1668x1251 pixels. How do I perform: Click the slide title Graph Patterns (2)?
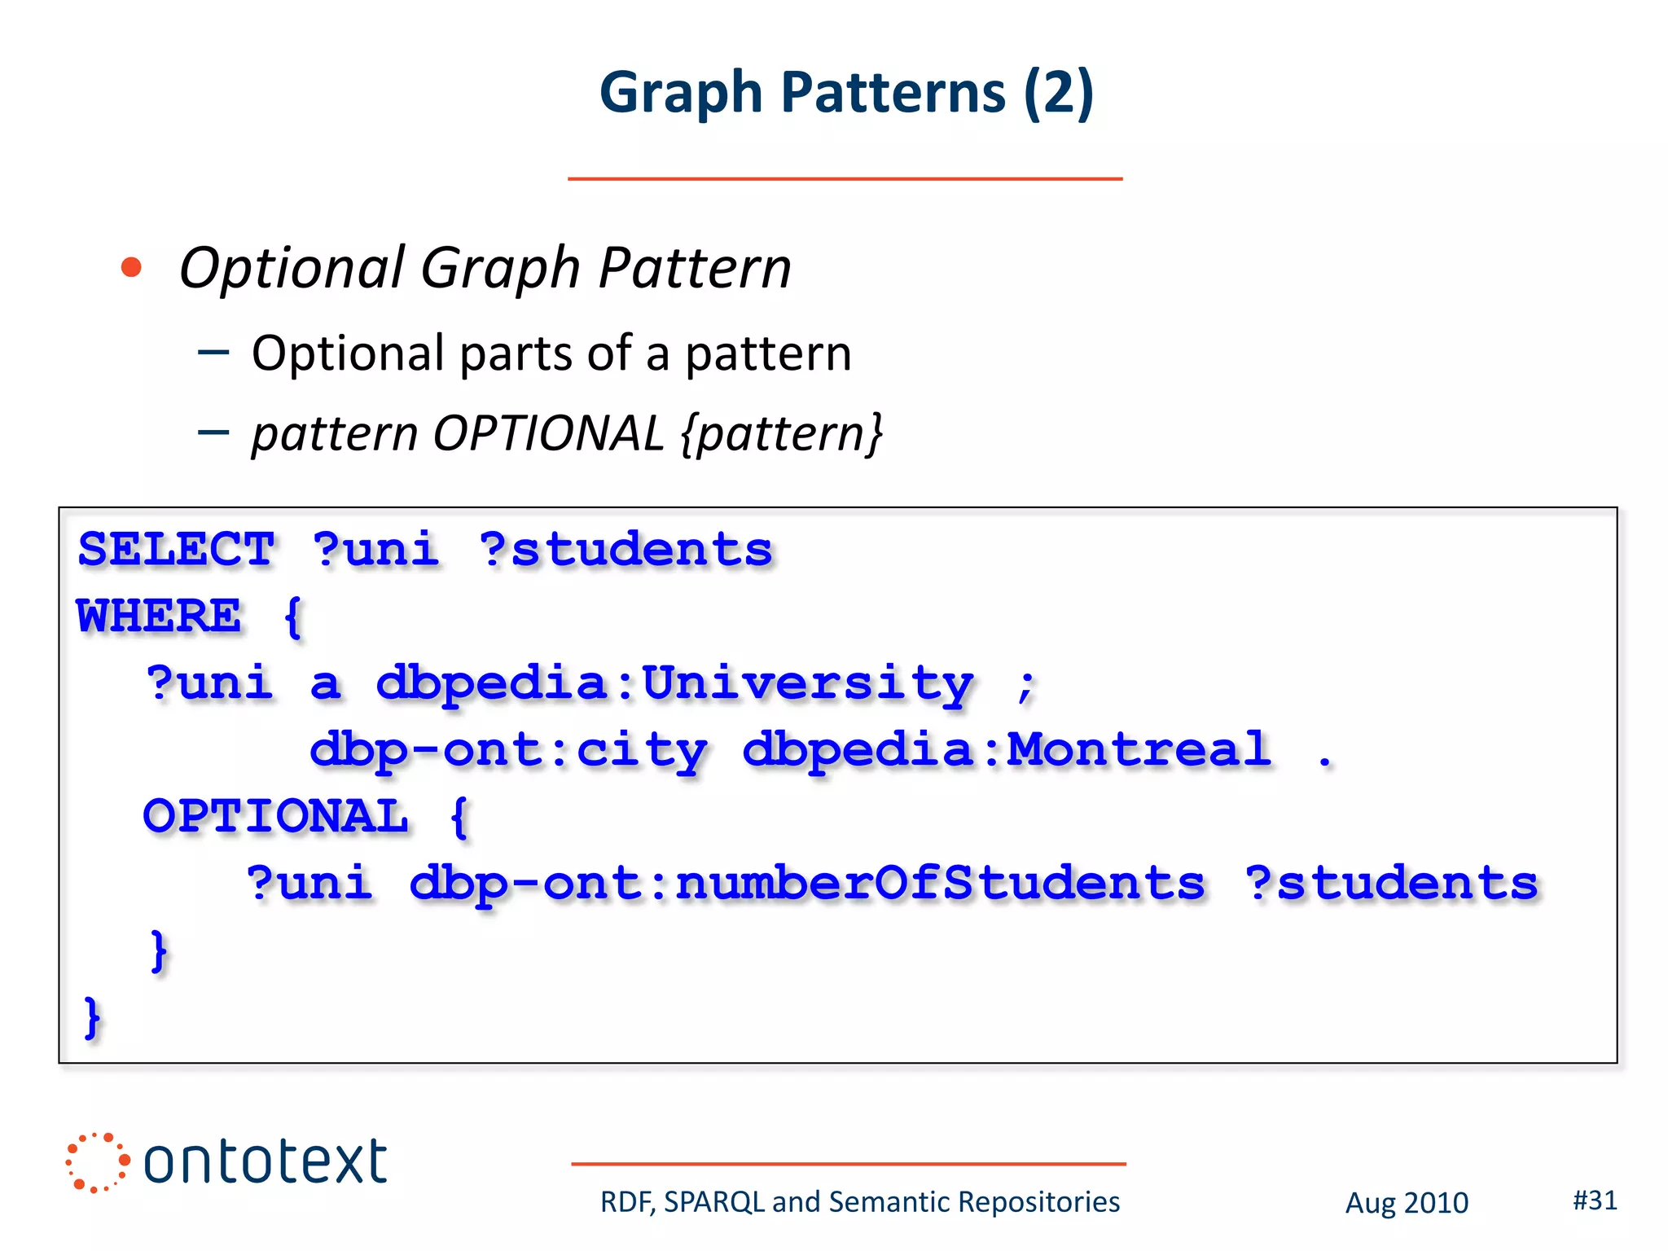pyautogui.click(x=846, y=92)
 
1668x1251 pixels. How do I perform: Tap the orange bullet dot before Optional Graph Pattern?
pyautogui.click(x=131, y=267)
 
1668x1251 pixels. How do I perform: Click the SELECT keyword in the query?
pyautogui.click(x=176, y=549)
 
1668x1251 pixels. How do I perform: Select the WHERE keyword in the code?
pyautogui.click(x=159, y=616)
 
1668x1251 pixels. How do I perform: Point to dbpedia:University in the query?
pyautogui.click(x=674, y=683)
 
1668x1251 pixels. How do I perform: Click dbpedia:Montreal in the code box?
pyautogui.click(x=1007, y=749)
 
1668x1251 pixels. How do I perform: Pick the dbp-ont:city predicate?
pyautogui.click(x=508, y=749)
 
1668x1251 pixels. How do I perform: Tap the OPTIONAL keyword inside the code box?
pyautogui.click(x=275, y=816)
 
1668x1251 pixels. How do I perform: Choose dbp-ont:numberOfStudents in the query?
pyautogui.click(x=806, y=883)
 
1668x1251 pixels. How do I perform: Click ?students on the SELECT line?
pyautogui.click(x=625, y=549)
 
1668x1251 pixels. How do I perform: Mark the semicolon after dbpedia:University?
pyautogui.click(x=1025, y=686)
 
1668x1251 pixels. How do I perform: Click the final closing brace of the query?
pyautogui.click(x=92, y=1018)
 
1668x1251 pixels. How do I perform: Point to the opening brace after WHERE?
pyautogui.click(x=293, y=617)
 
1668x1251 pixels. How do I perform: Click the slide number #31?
pyautogui.click(x=1595, y=1200)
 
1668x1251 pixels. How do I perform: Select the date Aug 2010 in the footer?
pyautogui.click(x=1407, y=1203)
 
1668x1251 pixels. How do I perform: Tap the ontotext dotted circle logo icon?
pyautogui.click(x=97, y=1162)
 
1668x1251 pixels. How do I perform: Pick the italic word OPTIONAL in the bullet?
pyautogui.click(x=548, y=433)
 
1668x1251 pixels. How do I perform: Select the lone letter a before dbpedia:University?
pyautogui.click(x=325, y=684)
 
